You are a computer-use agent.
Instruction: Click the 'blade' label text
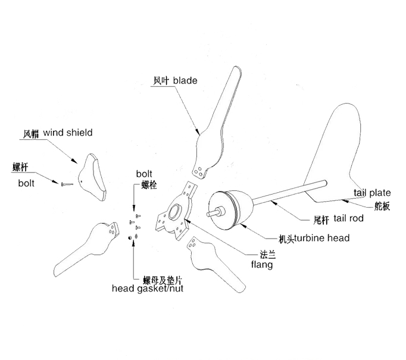pyautogui.click(x=185, y=80)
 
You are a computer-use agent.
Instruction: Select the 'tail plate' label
pyautogui.click(x=372, y=193)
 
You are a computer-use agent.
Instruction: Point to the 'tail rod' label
pyautogui.click(x=348, y=218)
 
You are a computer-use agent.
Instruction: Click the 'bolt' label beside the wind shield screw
pyautogui.click(x=26, y=183)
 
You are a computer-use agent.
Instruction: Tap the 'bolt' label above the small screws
pyautogui.click(x=144, y=174)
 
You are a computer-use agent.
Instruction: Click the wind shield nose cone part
pyautogui.click(x=96, y=176)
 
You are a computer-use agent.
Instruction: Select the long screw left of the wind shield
pyautogui.click(x=65, y=184)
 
